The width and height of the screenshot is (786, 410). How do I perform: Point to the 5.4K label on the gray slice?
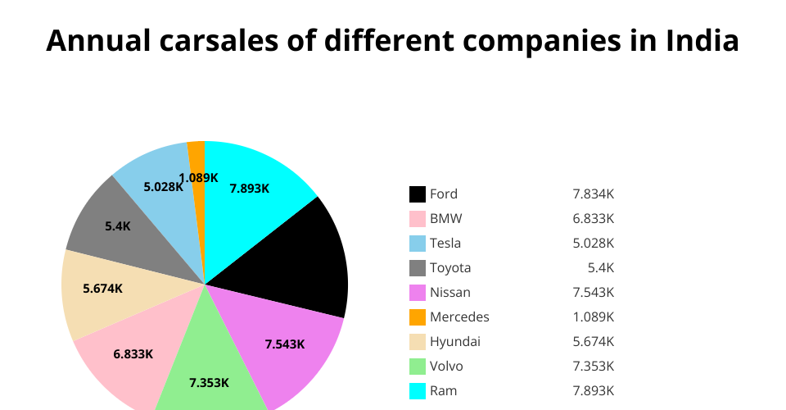click(x=118, y=225)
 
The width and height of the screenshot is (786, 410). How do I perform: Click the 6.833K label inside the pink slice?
click(x=133, y=354)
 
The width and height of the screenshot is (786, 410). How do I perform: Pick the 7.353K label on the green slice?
click(x=210, y=383)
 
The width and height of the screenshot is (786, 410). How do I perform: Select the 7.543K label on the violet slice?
click(x=285, y=344)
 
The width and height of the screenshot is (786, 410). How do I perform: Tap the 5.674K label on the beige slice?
click(x=103, y=289)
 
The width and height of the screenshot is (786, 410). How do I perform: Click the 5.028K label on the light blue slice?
click(x=164, y=187)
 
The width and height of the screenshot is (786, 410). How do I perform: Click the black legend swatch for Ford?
click(x=418, y=194)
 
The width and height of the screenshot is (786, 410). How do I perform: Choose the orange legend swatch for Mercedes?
click(x=418, y=317)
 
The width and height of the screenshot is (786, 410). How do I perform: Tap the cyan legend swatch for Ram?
click(x=418, y=391)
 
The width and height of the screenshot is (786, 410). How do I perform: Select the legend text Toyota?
click(x=450, y=268)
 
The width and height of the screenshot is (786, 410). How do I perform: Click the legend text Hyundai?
click(x=455, y=342)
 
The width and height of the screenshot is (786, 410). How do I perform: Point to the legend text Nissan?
click(x=450, y=293)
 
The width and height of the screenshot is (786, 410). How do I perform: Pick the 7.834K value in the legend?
click(x=594, y=194)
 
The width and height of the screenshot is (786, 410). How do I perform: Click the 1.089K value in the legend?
click(x=594, y=317)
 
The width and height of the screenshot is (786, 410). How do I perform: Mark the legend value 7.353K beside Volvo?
click(x=594, y=367)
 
